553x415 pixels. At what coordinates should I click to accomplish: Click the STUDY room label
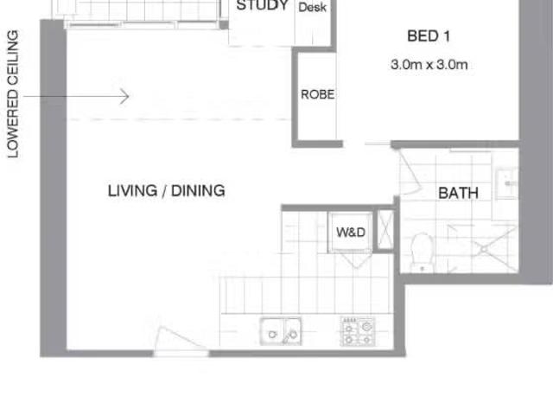point(262,6)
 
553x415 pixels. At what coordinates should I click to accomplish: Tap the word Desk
point(312,7)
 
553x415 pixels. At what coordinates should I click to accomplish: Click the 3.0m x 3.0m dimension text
point(429,64)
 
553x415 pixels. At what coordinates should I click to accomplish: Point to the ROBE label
point(317,95)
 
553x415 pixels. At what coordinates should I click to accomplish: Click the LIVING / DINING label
point(166,190)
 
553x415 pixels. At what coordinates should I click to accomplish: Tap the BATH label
point(458,194)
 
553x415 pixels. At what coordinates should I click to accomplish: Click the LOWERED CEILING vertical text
point(13,94)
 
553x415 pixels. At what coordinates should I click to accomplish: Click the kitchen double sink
point(281,331)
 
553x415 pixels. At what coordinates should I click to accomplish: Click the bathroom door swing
point(410,173)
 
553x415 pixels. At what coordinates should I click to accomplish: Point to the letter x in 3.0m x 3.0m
point(429,65)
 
